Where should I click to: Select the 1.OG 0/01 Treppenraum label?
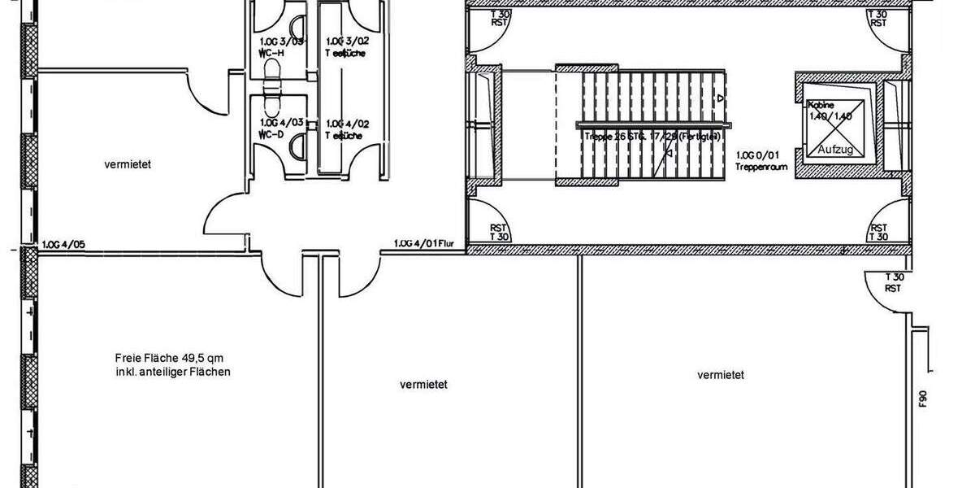(757, 159)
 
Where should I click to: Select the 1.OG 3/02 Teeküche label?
(347, 46)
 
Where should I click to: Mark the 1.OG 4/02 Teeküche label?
(347, 129)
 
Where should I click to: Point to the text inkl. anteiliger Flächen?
(174, 373)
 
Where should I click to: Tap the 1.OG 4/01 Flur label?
(418, 243)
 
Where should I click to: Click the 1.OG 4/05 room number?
(62, 243)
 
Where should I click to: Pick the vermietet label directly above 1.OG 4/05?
(128, 164)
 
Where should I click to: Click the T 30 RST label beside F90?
(894, 282)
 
